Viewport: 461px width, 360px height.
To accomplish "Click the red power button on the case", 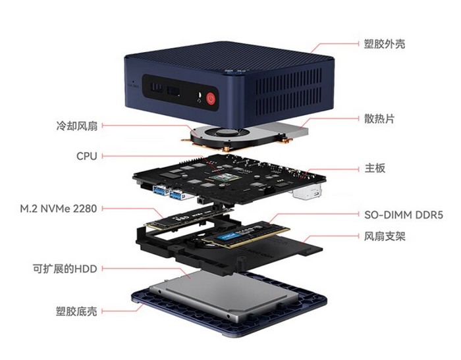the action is click(x=211, y=99).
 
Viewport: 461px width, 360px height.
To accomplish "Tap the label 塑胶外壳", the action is click(x=385, y=44).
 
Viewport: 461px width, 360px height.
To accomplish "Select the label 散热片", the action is click(x=379, y=118).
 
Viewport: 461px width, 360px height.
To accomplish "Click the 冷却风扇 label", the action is click(x=76, y=126).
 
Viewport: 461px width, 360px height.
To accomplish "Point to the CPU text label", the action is click(x=87, y=156).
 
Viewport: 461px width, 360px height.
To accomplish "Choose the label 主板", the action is click(x=375, y=168).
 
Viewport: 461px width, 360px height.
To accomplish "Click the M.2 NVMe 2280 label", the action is click(x=59, y=209).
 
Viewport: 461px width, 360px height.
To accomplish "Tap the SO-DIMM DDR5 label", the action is click(x=404, y=215).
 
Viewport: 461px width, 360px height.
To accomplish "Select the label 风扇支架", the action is click(x=385, y=236).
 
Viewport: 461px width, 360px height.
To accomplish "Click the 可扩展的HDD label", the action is click(x=65, y=269).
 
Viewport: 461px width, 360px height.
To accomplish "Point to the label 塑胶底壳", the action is click(x=76, y=311).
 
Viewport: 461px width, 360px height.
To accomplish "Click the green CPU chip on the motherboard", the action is click(x=225, y=177).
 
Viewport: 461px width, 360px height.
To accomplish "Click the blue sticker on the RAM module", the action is click(x=227, y=236).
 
